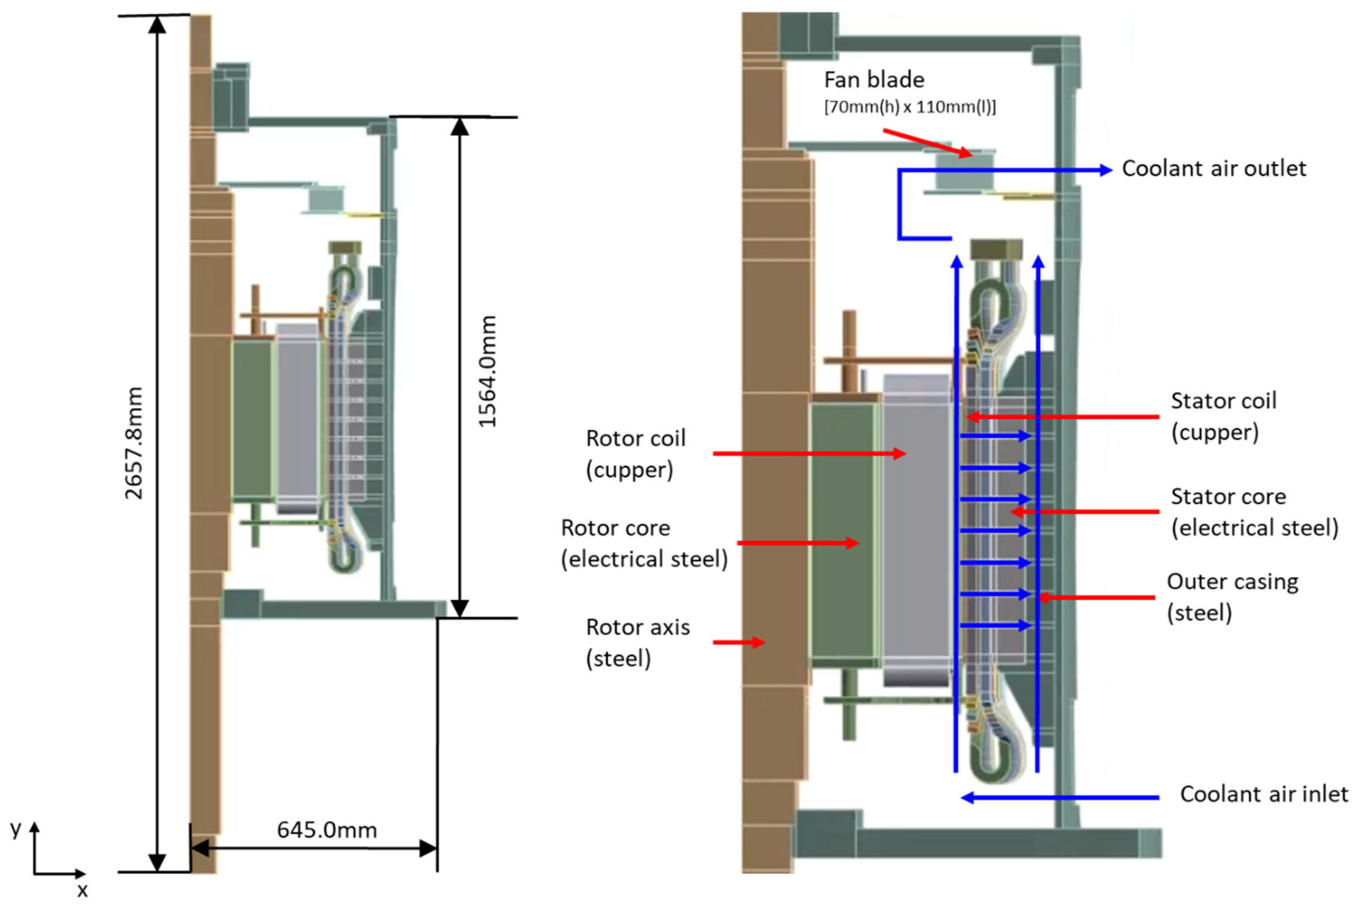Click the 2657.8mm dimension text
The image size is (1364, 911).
(134, 443)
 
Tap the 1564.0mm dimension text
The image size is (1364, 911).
(487, 372)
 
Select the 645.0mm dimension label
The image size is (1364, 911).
(327, 830)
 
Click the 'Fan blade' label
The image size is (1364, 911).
(874, 80)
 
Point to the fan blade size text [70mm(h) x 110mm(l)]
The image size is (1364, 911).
(909, 107)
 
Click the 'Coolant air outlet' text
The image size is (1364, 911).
(1213, 168)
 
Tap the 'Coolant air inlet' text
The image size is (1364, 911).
(1264, 794)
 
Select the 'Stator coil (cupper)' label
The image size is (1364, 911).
(1223, 416)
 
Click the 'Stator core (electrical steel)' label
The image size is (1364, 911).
(1254, 512)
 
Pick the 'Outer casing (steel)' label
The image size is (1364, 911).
(1232, 597)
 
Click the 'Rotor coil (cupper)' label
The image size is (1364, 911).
(635, 454)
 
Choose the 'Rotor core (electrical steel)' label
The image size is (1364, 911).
(644, 543)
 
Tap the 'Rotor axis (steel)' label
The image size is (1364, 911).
(637, 643)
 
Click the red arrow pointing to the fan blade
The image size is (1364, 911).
(927, 143)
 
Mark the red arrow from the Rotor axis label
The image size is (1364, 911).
(738, 642)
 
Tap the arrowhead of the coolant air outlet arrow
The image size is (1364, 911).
(1105, 170)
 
